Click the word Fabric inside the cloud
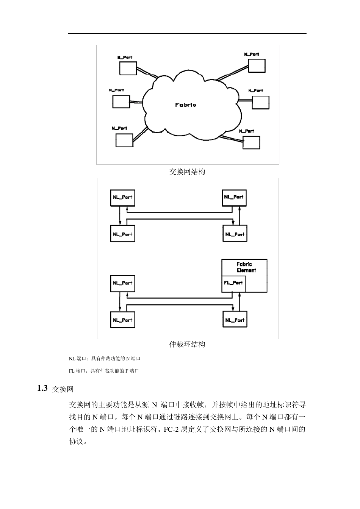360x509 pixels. click(x=186, y=105)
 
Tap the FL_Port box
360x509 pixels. click(x=233, y=283)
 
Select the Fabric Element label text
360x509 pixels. click(x=246, y=267)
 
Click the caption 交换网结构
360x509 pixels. click(x=187, y=172)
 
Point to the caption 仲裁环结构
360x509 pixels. click(x=187, y=344)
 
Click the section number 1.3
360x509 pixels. click(x=42, y=388)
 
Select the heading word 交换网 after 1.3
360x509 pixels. click(x=63, y=389)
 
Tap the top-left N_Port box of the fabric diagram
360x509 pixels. click(x=128, y=68)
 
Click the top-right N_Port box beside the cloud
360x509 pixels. click(x=257, y=66)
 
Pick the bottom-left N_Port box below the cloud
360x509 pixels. click(x=124, y=140)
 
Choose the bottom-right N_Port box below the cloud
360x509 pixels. click(x=252, y=142)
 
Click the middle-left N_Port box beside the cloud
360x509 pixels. click(x=121, y=102)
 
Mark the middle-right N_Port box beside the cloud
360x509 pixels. click(x=260, y=102)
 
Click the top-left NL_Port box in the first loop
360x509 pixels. click(x=122, y=198)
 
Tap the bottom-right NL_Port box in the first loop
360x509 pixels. click(x=235, y=234)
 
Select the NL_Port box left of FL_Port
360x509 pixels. click(x=122, y=283)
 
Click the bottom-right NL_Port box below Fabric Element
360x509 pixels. click(x=235, y=320)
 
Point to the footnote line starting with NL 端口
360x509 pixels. click(x=105, y=358)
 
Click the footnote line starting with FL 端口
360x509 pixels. click(x=104, y=371)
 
